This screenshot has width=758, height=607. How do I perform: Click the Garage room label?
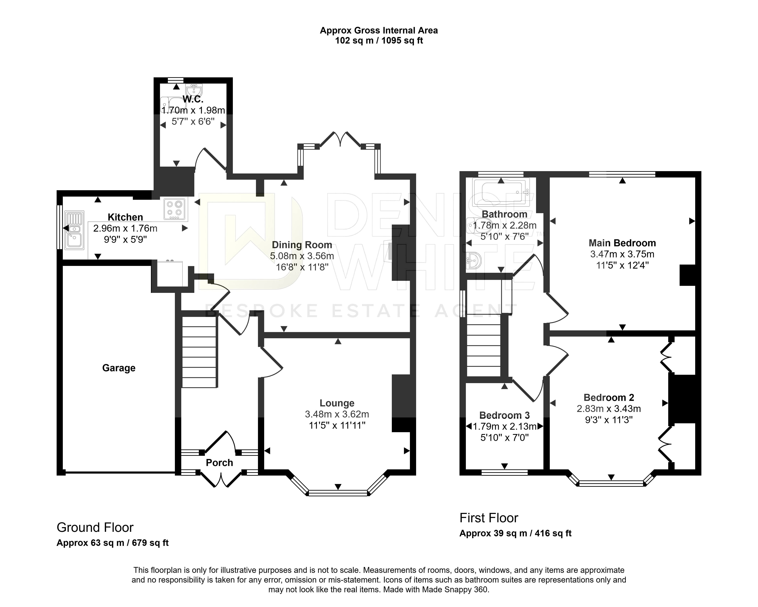(x=119, y=368)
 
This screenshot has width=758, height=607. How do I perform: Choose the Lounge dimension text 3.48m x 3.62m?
(x=337, y=414)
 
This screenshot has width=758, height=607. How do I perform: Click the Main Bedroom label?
(x=622, y=243)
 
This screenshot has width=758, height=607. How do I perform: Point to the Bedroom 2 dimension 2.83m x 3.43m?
(x=609, y=409)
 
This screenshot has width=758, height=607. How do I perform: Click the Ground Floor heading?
(x=95, y=528)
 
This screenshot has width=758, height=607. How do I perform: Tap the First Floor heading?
(x=489, y=518)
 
